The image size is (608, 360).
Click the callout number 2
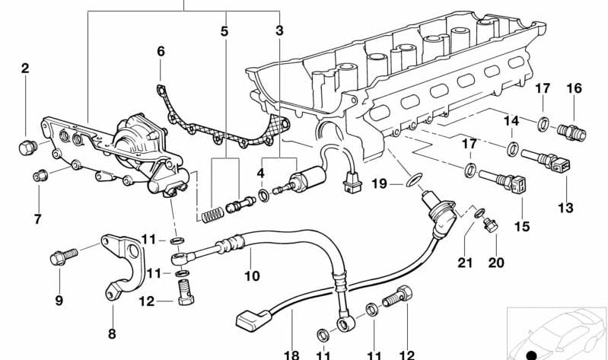point(25,68)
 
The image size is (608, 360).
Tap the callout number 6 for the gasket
point(161,52)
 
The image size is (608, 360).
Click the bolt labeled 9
point(60,258)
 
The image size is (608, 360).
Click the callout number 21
point(466,263)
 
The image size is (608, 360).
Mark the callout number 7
point(38,220)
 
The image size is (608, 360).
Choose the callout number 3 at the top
point(280,31)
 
